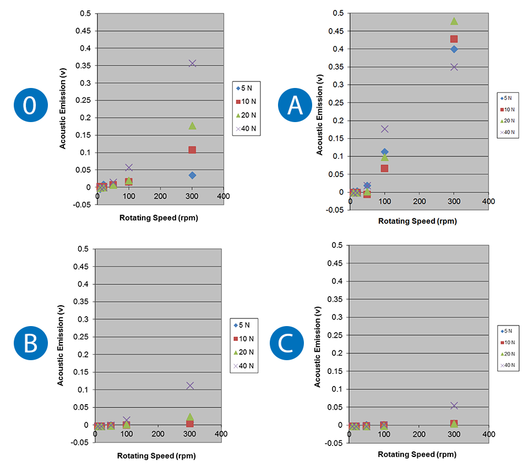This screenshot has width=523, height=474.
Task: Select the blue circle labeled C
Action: point(286,345)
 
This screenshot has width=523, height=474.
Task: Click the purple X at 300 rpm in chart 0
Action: point(192,63)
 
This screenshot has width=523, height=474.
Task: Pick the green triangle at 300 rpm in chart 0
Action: point(192,125)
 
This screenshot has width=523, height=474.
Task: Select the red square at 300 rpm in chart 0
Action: point(192,150)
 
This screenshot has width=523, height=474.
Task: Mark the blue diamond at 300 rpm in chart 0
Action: point(192,175)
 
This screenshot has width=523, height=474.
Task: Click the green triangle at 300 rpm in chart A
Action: point(454,21)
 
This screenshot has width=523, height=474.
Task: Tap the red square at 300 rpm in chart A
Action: point(454,39)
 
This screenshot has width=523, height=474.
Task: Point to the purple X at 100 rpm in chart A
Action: point(385,129)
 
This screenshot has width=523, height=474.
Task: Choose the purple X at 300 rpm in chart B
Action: point(190,385)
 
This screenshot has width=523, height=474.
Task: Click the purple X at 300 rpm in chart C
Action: point(454,405)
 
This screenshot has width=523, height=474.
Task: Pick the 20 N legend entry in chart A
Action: point(508,121)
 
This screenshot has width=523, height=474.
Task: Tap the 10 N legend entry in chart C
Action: point(508,343)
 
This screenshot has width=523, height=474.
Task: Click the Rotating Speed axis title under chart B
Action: point(156,455)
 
